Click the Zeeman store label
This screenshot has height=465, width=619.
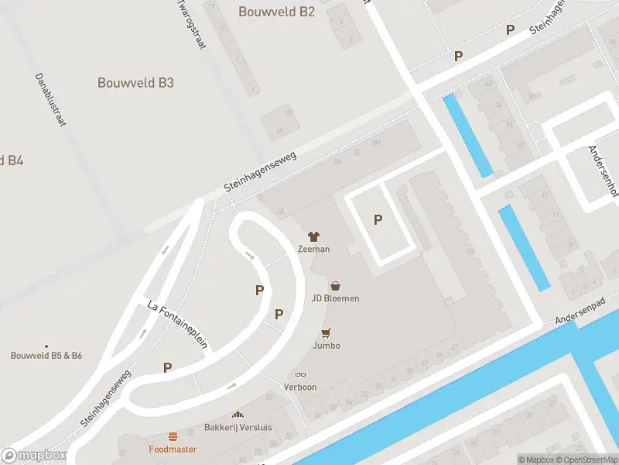tap(314, 249)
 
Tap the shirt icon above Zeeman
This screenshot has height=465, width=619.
tap(314, 236)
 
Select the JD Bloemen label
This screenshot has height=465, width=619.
tap(335, 298)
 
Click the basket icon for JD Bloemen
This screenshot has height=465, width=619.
tap(335, 286)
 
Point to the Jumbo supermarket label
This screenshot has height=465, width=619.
tap(327, 346)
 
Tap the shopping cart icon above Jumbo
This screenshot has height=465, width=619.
tap(327, 333)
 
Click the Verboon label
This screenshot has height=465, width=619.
tap(300, 387)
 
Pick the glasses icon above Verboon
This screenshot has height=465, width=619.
tap(300, 375)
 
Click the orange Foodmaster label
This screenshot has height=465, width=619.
tap(173, 449)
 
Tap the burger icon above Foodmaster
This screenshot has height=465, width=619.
tap(173, 437)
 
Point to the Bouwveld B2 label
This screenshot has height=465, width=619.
tap(277, 12)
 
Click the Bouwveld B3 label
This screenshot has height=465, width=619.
tap(135, 83)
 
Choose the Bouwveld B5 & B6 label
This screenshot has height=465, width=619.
tap(46, 356)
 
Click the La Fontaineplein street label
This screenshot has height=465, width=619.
tap(177, 325)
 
